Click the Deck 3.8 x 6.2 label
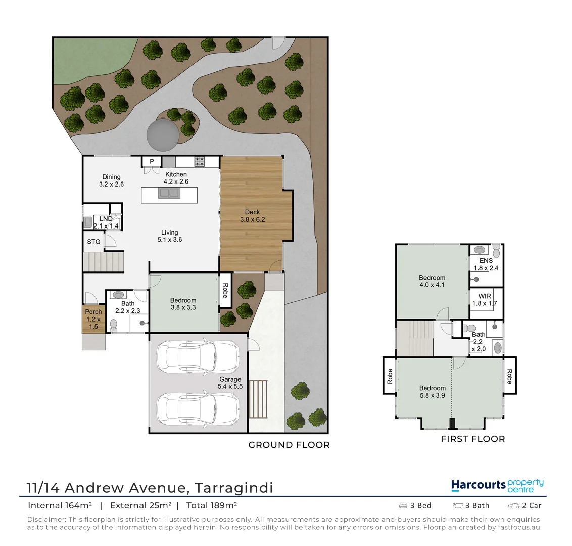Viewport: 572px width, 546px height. click(252, 216)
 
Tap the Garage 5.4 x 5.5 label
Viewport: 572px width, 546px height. click(230, 383)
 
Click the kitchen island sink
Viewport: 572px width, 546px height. click(169, 193)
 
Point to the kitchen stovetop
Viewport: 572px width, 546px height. click(200, 162)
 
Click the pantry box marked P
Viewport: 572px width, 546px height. click(151, 162)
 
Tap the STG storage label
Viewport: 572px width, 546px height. click(93, 242)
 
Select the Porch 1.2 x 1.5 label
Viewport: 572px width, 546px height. click(93, 319)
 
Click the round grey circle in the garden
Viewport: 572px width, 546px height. click(162, 135)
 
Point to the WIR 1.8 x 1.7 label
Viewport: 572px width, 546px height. click(485, 300)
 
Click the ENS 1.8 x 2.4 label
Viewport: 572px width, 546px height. click(486, 264)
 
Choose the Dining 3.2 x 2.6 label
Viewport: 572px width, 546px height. click(111, 180)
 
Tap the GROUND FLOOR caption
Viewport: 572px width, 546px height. click(289, 445)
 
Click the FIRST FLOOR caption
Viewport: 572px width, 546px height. click(472, 439)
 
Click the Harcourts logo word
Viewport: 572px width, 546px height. click(478, 485)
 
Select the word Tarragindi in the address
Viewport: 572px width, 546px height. click(234, 488)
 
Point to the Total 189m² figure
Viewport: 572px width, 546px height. click(212, 505)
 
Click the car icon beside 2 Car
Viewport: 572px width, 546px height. click(514, 505)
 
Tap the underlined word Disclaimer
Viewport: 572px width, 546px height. click(46, 519)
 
